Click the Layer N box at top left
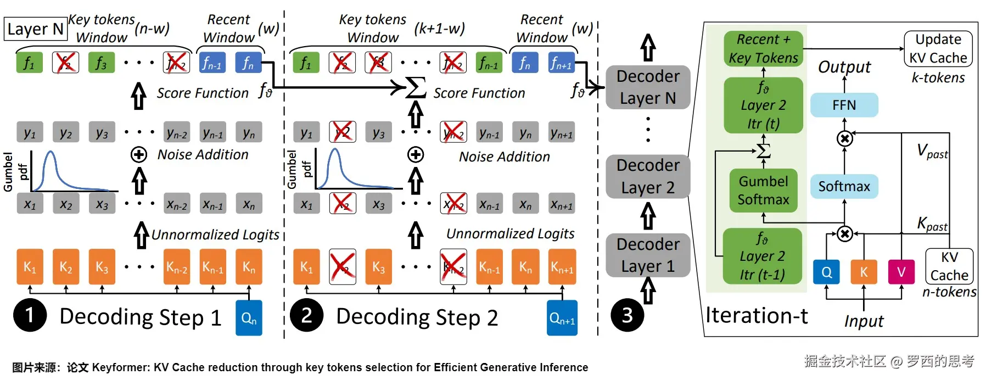click(36, 29)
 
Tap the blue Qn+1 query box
click(562, 318)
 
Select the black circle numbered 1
click(30, 315)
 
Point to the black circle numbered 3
click(627, 315)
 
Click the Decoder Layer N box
click(648, 87)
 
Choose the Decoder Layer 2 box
click(648, 176)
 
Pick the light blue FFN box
click(844, 105)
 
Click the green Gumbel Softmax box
click(763, 190)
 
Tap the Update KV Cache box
click(938, 49)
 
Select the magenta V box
click(901, 272)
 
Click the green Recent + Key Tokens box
click(763, 49)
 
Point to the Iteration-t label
click(757, 316)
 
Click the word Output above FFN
click(844, 67)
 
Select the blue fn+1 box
click(561, 63)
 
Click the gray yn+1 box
click(561, 133)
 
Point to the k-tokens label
click(938, 78)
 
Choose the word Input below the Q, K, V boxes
click(864, 321)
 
